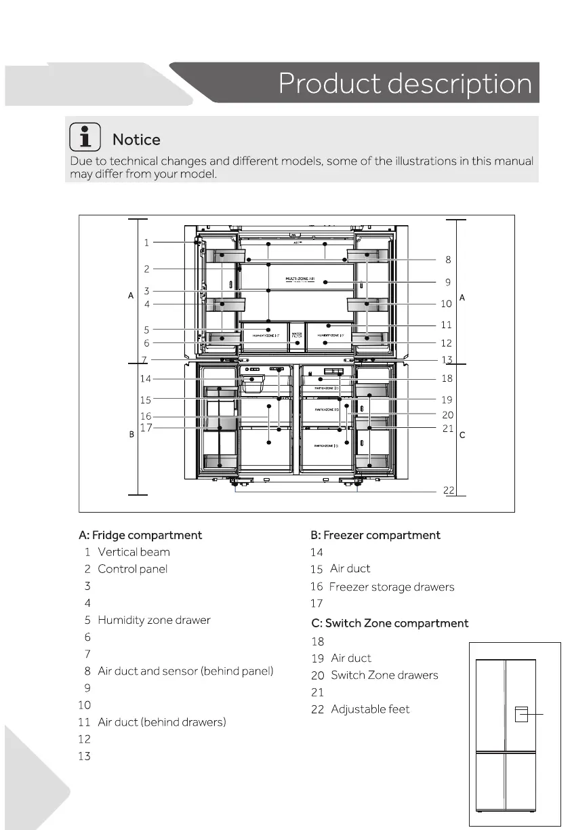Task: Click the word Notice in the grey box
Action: pos(136,140)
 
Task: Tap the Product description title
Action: pos(405,84)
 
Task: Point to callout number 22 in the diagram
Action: pos(449,490)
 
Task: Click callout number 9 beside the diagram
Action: pos(448,282)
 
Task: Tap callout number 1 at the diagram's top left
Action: pos(146,242)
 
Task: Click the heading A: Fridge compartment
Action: pos(140,535)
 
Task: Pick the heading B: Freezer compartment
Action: pos(375,535)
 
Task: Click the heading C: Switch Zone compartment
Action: pos(390,623)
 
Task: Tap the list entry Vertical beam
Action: pos(134,552)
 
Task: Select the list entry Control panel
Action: pos(132,569)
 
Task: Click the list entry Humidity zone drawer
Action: pos(154,620)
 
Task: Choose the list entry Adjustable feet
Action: pos(370,709)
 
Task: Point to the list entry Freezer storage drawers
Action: pos(392,587)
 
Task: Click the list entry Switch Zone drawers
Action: pos(384,675)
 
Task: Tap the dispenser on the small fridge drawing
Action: pos(520,714)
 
